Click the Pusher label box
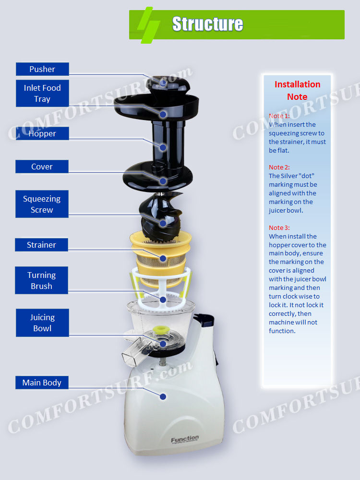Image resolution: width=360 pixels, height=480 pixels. click(42, 69)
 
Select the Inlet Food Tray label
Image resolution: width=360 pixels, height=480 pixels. click(42, 94)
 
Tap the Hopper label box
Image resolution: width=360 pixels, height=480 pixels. click(42, 133)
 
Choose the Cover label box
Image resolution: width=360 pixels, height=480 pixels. click(42, 167)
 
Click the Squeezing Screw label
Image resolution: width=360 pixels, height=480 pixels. click(42, 204)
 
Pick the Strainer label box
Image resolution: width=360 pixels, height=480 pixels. click(42, 245)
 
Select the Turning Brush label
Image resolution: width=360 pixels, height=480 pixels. click(42, 280)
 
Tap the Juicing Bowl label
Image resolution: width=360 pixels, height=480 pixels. click(42, 323)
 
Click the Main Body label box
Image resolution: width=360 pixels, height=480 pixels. click(42, 383)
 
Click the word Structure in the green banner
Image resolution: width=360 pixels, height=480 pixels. click(207, 24)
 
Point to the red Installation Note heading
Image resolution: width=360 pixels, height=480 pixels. click(297, 90)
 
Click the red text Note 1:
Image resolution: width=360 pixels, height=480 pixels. click(279, 116)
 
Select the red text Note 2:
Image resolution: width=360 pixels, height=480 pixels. click(279, 167)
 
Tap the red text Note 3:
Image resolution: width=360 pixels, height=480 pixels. click(279, 228)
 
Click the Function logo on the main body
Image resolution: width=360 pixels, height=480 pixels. click(185, 439)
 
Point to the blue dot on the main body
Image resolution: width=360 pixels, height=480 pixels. click(163, 396)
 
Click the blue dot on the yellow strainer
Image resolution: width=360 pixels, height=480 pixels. click(163, 258)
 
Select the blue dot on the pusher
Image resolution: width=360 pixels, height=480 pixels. click(163, 83)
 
